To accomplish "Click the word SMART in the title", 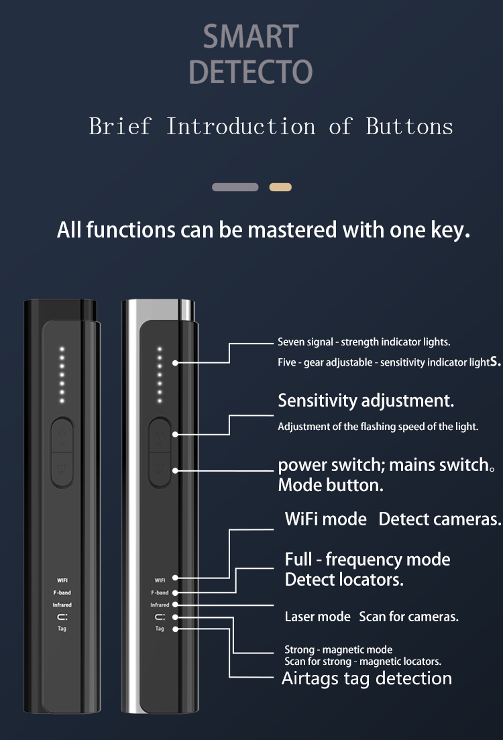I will pyautogui.click(x=251, y=37).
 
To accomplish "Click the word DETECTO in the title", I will pyautogui.click(x=251, y=72).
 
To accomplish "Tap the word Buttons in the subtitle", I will pyautogui.click(x=409, y=126).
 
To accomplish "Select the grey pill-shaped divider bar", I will pyautogui.click(x=235, y=187).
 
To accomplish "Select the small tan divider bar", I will pyautogui.click(x=280, y=187).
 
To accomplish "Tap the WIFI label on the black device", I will pyautogui.click(x=62, y=580).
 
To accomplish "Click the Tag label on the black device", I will pyautogui.click(x=62, y=629).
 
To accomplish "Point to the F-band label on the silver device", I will pyautogui.click(x=159, y=593).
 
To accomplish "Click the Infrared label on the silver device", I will pyautogui.click(x=160, y=605).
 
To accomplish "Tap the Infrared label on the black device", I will pyautogui.click(x=62, y=605).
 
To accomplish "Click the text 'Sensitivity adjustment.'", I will pyautogui.click(x=366, y=401).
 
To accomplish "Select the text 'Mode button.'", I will pyautogui.click(x=331, y=485).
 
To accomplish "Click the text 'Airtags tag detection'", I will pyautogui.click(x=366, y=678).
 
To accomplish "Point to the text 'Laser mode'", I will pyautogui.click(x=317, y=617).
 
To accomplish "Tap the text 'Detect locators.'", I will pyautogui.click(x=344, y=580).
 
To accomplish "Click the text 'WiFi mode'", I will pyautogui.click(x=325, y=519).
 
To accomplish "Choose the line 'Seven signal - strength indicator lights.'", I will pyautogui.click(x=364, y=342).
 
